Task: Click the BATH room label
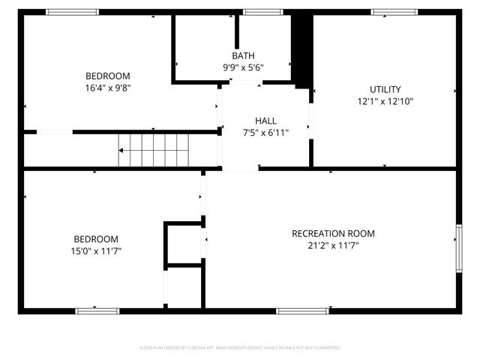[243, 55]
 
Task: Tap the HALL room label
[265, 121]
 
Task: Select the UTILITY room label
[385, 89]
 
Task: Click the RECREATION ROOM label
[333, 233]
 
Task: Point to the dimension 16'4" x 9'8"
[107, 87]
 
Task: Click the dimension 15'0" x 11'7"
[91, 250]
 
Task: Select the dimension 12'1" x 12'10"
[385, 101]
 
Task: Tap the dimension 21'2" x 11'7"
[333, 245]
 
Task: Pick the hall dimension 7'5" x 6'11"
[265, 133]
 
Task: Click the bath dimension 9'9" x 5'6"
[243, 67]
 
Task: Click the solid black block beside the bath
[301, 49]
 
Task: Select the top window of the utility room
[394, 12]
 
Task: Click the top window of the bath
[258, 12]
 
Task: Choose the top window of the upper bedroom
[72, 12]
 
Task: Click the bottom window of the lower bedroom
[97, 310]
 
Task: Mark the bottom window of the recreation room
[302, 310]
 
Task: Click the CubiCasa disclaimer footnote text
[240, 348]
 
